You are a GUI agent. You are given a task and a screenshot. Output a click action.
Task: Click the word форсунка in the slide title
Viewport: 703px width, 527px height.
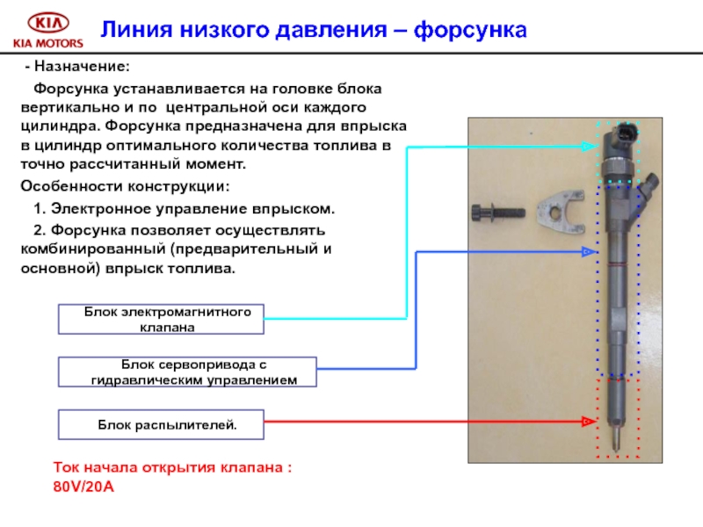pos(469,31)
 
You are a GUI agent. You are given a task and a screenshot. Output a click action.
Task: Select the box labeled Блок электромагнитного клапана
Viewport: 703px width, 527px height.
pos(161,320)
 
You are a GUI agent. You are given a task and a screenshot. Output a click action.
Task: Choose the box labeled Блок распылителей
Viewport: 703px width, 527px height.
pos(161,424)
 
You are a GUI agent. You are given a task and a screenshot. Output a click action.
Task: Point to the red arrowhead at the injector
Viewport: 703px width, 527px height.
pos(588,422)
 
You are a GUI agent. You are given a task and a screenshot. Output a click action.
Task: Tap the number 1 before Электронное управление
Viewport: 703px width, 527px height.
pos(37,210)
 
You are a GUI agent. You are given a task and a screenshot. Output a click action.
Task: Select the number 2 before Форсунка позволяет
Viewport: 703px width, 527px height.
pos(37,230)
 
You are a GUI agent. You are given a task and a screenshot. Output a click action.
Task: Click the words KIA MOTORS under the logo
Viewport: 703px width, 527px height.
pos(47,42)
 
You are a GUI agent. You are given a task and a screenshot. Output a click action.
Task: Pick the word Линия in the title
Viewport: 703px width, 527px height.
pos(132,31)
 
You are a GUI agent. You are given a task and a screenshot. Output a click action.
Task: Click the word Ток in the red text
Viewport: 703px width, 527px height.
pos(69,468)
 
